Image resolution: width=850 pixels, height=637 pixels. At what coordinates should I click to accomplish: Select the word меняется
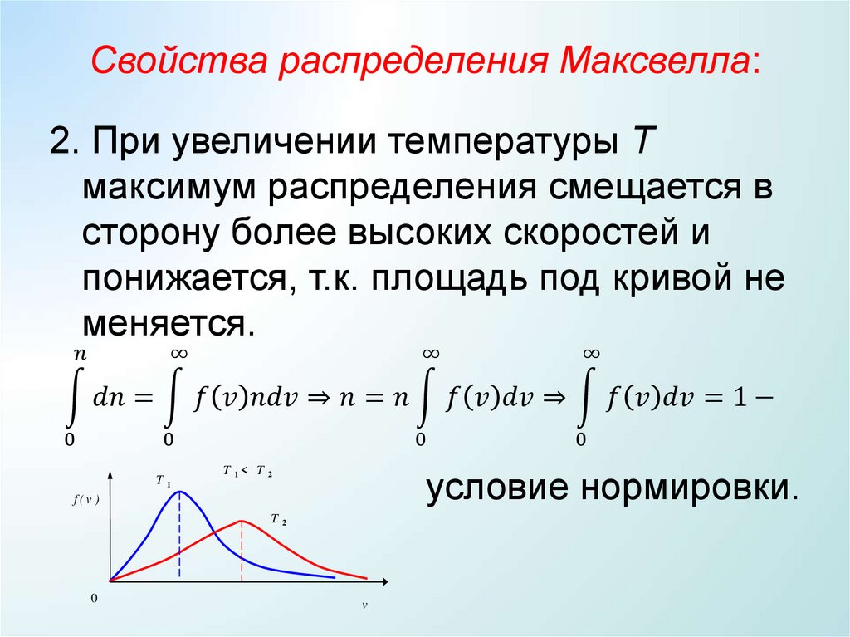(x=163, y=322)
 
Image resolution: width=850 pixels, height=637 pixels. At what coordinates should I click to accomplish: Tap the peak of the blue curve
(x=179, y=492)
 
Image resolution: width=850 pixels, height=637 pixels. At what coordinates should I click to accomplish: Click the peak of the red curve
(x=242, y=521)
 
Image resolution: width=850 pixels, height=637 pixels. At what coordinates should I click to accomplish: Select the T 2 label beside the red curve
(x=278, y=521)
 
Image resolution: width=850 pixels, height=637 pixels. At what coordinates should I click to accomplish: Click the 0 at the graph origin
(x=94, y=599)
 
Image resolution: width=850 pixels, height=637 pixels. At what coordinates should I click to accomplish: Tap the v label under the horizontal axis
(x=364, y=605)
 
